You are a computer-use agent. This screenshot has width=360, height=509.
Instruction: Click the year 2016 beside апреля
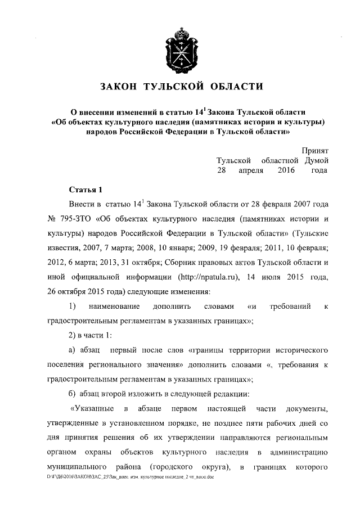click(x=286, y=170)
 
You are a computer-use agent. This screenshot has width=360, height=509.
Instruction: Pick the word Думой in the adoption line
click(x=317, y=160)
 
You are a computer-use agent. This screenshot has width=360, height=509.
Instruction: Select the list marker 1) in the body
click(x=73, y=307)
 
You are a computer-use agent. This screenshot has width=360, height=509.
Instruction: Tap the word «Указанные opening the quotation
click(x=92, y=408)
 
